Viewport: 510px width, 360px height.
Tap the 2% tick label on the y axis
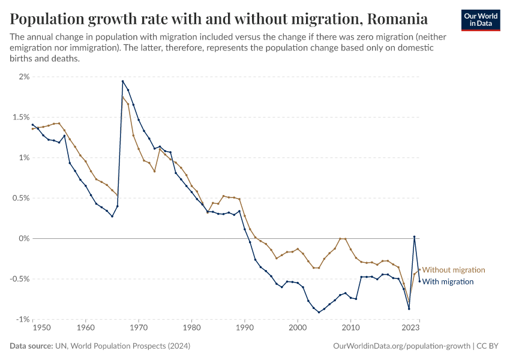click(23, 77)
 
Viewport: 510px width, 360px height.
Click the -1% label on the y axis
click(22, 319)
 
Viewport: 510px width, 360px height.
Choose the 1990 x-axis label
click(244, 328)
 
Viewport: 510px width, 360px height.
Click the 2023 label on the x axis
click(410, 328)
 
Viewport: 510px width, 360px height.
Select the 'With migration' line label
click(448, 282)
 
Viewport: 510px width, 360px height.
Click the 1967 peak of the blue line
click(122, 81)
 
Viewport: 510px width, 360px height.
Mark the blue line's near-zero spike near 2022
click(414, 237)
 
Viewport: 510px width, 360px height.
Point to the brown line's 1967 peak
click(123, 97)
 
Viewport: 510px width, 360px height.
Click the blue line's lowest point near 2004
click(319, 312)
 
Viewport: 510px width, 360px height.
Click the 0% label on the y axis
click(23, 238)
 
